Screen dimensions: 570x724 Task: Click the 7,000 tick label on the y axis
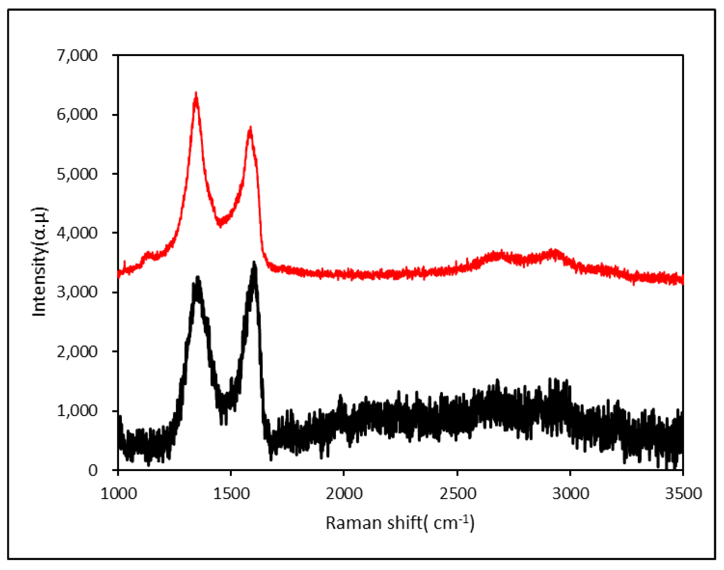click(77, 55)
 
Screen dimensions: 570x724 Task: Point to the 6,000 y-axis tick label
click(77, 115)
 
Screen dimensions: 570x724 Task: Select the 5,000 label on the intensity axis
click(77, 174)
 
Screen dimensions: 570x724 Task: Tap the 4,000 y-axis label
click(77, 233)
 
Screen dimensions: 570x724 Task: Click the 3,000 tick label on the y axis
click(77, 292)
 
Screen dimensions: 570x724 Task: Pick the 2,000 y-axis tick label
click(77, 352)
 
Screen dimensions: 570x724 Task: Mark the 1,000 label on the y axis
click(77, 411)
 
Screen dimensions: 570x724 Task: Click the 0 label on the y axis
click(93, 470)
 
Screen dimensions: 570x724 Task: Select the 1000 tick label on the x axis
click(118, 494)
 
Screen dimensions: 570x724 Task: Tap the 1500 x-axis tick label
click(231, 494)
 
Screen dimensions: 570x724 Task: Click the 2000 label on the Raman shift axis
click(344, 494)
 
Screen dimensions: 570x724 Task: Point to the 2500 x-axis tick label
click(458, 494)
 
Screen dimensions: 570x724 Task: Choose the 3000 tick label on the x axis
click(571, 494)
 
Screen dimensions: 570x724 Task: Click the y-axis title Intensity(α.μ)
click(39, 261)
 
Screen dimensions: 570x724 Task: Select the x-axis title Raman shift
click(400, 523)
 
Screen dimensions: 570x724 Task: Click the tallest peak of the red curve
click(196, 94)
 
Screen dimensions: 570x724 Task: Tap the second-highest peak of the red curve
click(251, 128)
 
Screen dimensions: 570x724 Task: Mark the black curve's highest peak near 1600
click(254, 264)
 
